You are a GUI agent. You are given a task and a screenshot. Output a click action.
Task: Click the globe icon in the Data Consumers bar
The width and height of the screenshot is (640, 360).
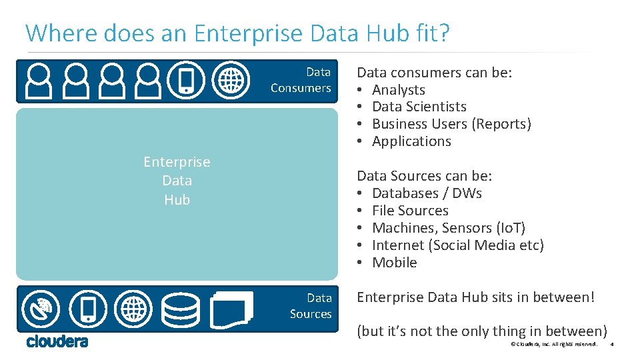[231, 81]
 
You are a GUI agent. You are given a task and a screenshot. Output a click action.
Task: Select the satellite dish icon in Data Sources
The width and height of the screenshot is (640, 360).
[41, 309]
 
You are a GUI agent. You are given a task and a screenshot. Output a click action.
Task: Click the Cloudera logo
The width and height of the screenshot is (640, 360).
[57, 341]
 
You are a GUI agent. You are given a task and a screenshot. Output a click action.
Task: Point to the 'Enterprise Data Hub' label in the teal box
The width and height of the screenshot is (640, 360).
[177, 181]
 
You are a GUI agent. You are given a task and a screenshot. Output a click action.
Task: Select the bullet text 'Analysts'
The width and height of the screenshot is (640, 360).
[398, 90]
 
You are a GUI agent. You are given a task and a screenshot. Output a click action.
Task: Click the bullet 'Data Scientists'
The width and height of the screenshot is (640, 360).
[419, 107]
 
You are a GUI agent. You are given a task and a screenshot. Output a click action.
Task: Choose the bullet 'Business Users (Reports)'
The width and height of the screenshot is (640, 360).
[451, 124]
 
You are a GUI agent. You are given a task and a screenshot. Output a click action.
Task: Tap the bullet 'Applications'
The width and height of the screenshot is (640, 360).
[411, 141]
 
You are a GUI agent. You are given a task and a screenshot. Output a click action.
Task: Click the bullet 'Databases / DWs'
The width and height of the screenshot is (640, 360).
[427, 193]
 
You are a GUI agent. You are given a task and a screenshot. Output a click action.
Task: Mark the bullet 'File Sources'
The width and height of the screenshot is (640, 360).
[410, 211]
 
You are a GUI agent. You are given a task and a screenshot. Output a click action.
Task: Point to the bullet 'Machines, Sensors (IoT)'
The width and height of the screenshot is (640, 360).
[448, 228]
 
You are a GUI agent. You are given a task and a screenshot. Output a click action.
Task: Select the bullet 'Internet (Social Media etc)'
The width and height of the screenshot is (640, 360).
[457, 245]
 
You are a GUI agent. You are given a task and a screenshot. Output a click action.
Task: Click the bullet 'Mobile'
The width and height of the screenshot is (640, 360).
[394, 263]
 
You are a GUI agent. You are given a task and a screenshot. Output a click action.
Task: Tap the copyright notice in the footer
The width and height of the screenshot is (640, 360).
[553, 344]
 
